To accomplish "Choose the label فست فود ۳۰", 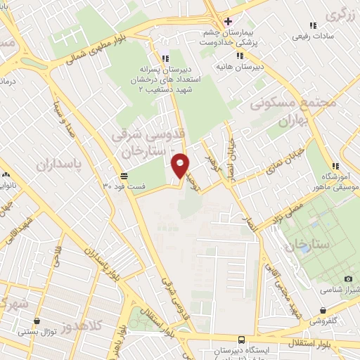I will (x=124, y=185).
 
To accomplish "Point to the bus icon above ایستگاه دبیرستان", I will (x=242, y=339).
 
